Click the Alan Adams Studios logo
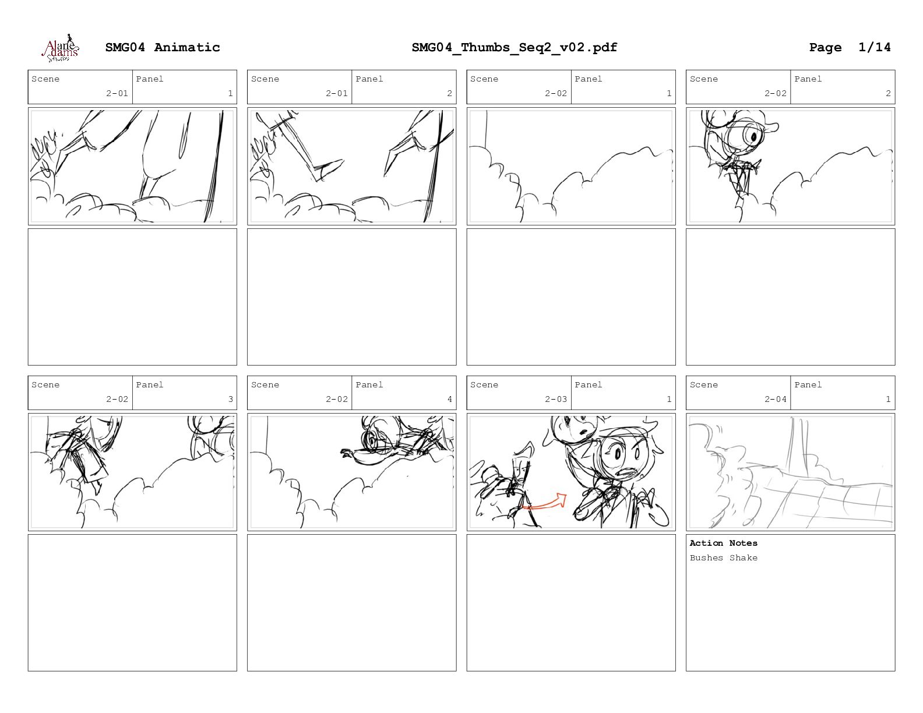tap(61, 48)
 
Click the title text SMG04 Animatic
tap(163, 47)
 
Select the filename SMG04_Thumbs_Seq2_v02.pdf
tap(515, 47)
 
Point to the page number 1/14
tap(874, 47)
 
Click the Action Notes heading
tap(723, 543)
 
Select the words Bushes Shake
tap(723, 557)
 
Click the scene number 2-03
tap(555, 399)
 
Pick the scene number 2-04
tap(775, 399)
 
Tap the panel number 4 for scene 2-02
tap(449, 399)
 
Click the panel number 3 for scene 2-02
tap(230, 399)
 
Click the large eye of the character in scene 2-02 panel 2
tap(752, 136)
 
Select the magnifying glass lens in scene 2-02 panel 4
tap(372, 442)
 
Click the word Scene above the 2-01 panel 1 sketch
tap(45, 79)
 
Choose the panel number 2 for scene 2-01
tap(449, 93)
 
